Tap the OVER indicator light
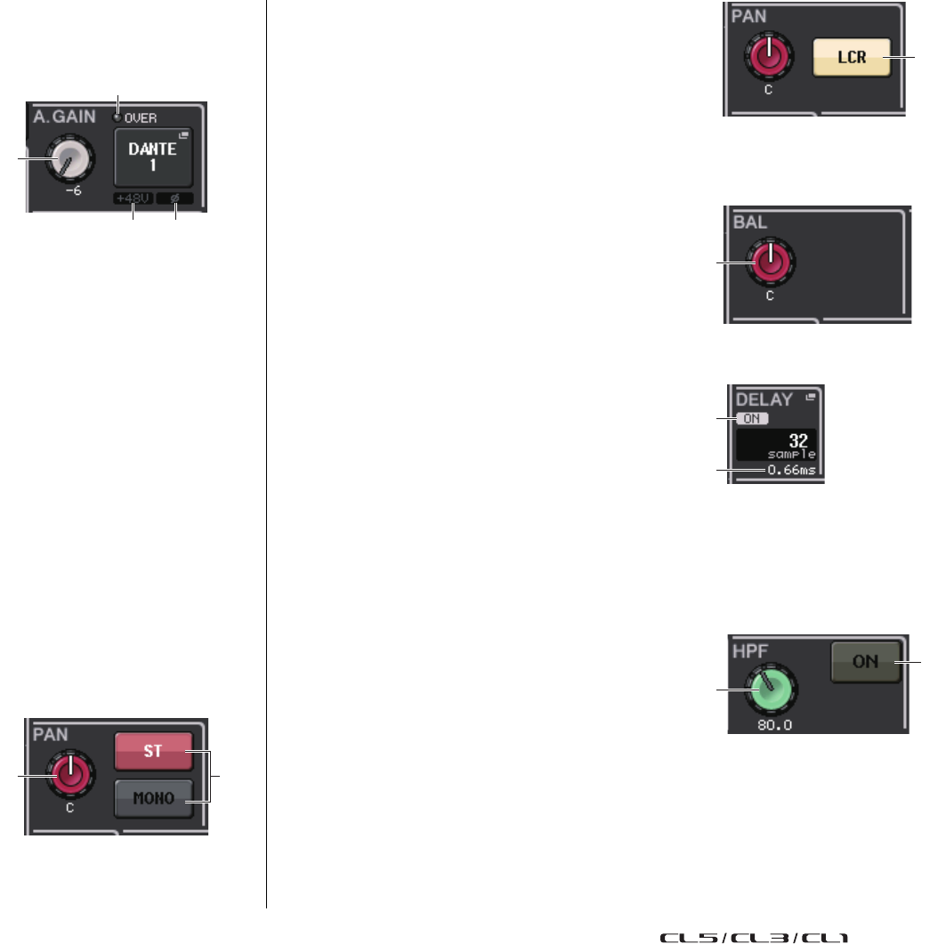117,117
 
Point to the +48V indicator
132,199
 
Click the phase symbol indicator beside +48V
174,199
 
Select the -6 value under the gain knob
74,191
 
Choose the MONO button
154,797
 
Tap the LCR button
851,57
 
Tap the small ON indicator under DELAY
752,417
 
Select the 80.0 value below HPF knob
771,725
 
